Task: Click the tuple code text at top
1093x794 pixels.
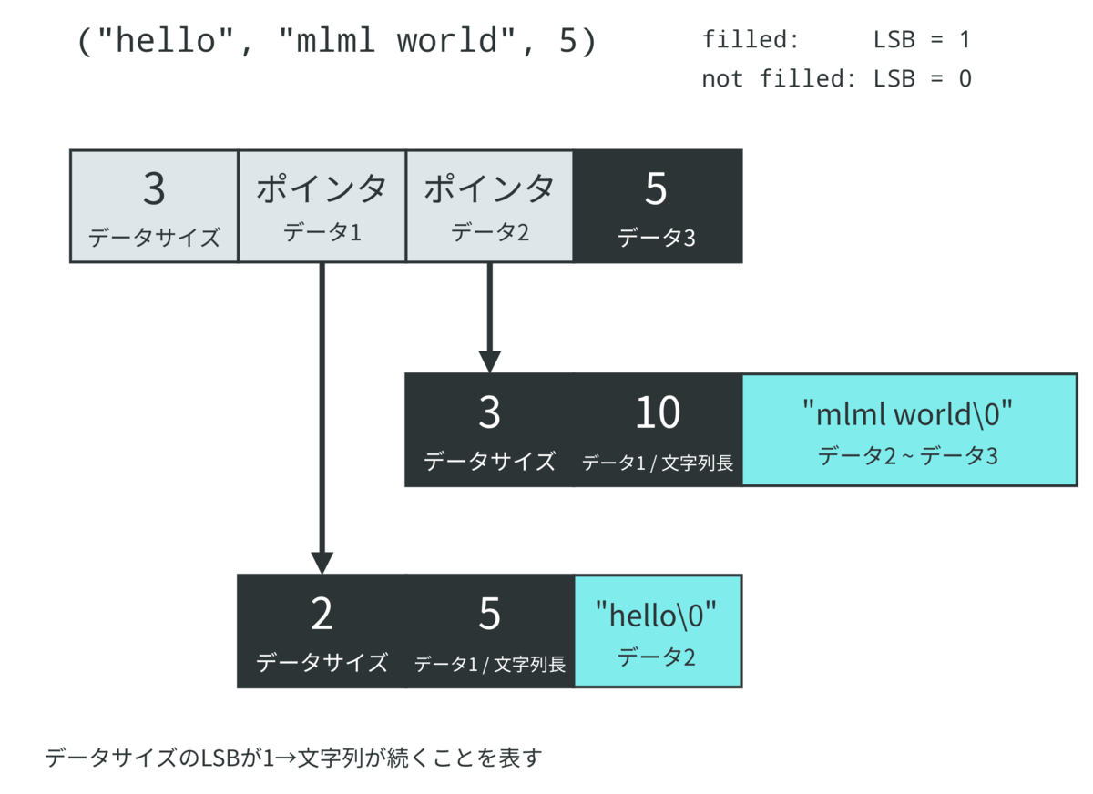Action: [x=337, y=42]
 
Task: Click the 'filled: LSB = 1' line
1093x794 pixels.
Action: [x=835, y=40]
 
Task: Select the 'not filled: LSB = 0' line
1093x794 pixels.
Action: [x=835, y=79]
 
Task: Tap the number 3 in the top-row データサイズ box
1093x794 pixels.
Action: [x=154, y=189]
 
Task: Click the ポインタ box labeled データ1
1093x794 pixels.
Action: [x=322, y=206]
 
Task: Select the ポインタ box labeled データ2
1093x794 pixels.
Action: [x=489, y=206]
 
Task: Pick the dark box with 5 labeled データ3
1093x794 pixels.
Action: [x=657, y=206]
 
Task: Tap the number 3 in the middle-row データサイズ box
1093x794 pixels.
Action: [x=489, y=413]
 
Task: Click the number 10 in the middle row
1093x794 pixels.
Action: [x=657, y=413]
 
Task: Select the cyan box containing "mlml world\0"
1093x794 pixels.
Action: [x=908, y=430]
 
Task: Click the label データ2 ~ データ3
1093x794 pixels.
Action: [x=908, y=455]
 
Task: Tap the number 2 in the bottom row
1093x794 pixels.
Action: [x=322, y=616]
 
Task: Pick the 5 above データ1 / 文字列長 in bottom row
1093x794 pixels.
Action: [x=489, y=616]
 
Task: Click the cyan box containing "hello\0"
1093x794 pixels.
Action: [x=657, y=631]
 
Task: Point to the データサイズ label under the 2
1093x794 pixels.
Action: [x=322, y=662]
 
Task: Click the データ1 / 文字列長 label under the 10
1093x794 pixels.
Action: [x=657, y=463]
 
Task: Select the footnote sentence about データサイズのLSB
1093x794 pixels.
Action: [x=293, y=758]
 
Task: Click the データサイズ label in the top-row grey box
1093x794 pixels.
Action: [x=154, y=239]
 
